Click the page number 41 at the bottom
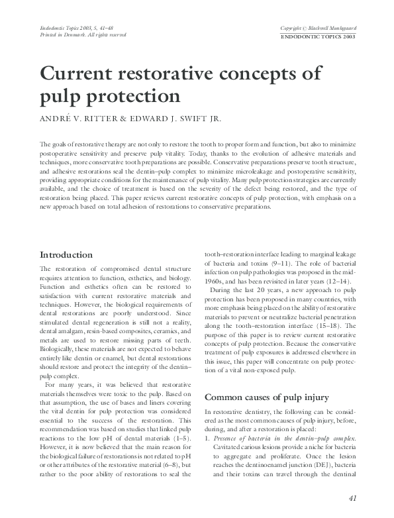353,498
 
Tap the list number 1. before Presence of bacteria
208,440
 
